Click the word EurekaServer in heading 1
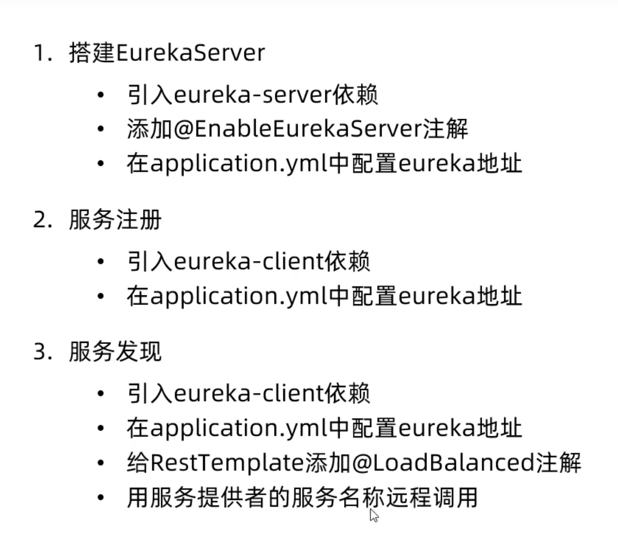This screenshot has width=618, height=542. (191, 53)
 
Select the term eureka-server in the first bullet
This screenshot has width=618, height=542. (252, 96)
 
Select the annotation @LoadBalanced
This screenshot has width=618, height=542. (420, 463)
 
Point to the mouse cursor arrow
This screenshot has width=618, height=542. (374, 515)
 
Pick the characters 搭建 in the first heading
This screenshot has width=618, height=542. (92, 53)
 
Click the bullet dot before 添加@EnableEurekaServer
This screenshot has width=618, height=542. (100, 129)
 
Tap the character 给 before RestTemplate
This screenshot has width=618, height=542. (138, 463)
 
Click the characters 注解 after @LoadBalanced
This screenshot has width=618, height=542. (559, 463)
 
